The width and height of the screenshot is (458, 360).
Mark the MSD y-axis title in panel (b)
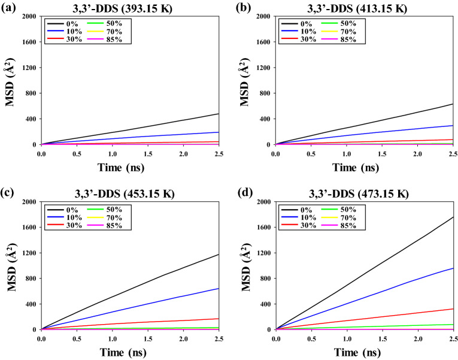click(x=244, y=80)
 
